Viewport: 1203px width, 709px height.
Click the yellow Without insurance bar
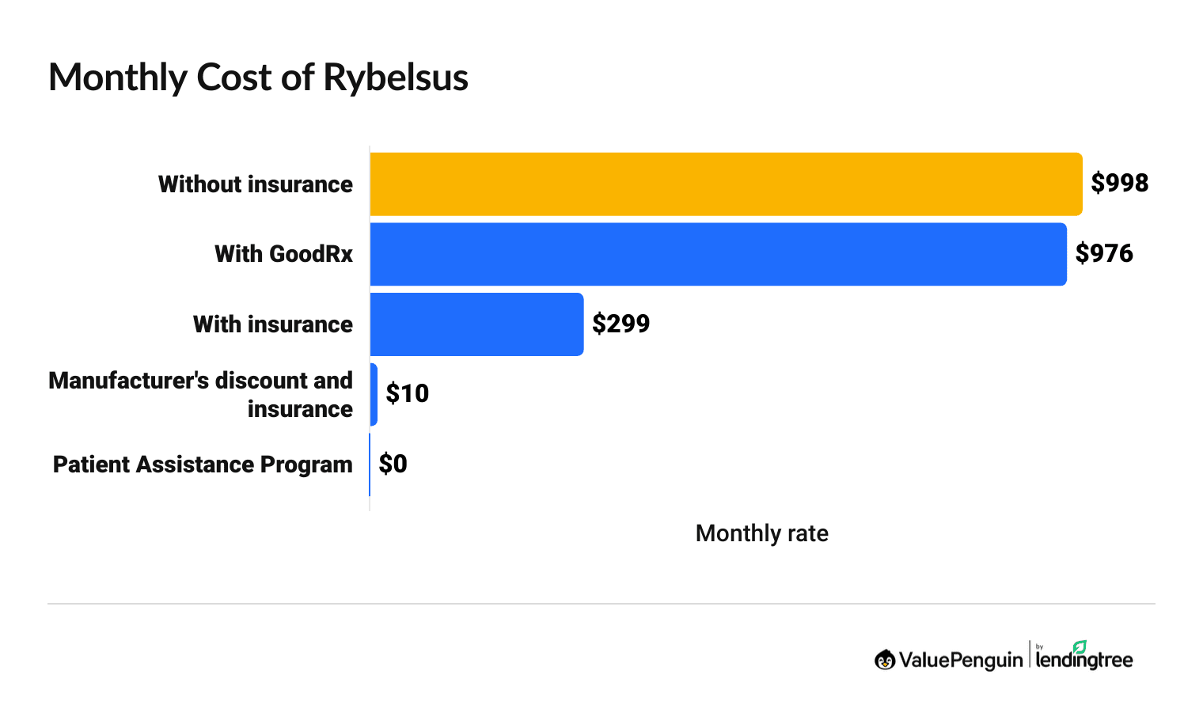coord(726,184)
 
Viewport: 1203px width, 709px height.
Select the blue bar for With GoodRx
coord(718,254)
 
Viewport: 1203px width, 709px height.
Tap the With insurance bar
coord(476,324)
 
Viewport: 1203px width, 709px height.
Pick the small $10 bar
coord(374,394)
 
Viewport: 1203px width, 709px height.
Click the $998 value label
coord(1119,184)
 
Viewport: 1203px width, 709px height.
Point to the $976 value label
coord(1104,254)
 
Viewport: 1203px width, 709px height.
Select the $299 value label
coord(620,324)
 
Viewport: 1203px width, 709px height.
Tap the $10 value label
coord(407,394)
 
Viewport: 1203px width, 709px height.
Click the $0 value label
coord(393,464)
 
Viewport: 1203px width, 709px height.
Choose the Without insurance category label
coord(256,184)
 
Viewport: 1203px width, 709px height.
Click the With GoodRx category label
coord(283,254)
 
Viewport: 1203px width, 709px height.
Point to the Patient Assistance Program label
coord(203,464)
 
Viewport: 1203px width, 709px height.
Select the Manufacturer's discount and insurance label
coord(201,394)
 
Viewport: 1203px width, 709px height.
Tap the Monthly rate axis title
coord(761,533)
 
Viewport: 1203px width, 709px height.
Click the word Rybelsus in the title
coord(396,78)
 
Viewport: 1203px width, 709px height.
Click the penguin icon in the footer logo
coord(885,659)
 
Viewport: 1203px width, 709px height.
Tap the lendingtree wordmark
coord(1084,660)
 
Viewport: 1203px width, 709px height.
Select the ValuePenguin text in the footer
coord(960,660)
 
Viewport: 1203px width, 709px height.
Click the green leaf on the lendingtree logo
coord(1080,646)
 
